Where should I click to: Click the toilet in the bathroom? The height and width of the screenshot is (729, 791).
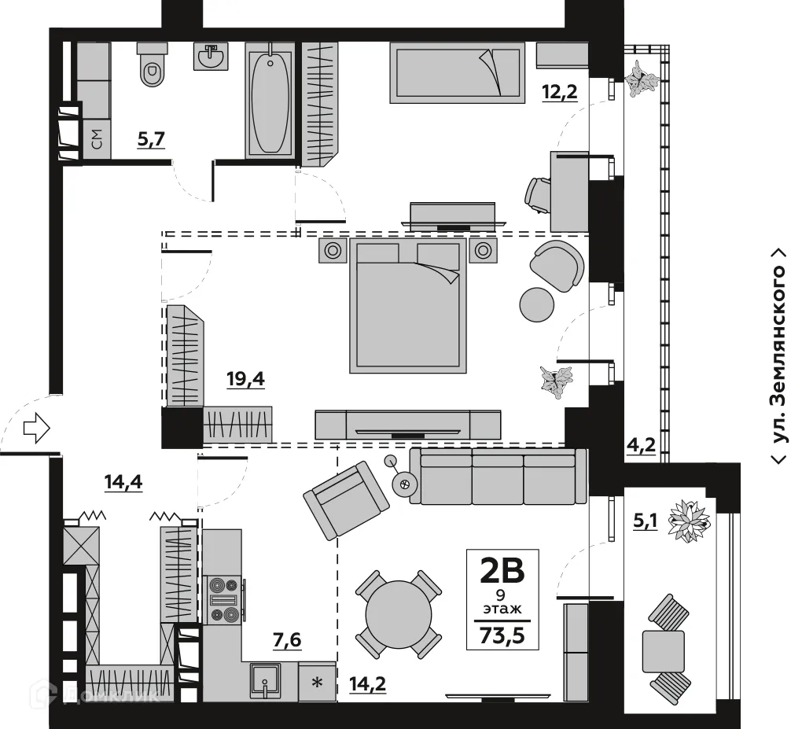tap(153, 64)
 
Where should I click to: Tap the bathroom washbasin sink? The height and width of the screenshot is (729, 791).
tap(210, 57)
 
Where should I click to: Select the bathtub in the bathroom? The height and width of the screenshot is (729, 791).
tap(270, 101)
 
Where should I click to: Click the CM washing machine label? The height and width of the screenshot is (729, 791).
tap(96, 141)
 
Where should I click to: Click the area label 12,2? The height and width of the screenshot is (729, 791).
tap(560, 92)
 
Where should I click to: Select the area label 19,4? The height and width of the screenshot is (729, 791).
tap(289, 380)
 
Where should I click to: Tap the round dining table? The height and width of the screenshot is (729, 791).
tap(399, 613)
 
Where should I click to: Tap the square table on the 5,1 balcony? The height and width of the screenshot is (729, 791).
tap(663, 651)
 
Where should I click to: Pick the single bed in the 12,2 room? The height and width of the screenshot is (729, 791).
tap(457, 72)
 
